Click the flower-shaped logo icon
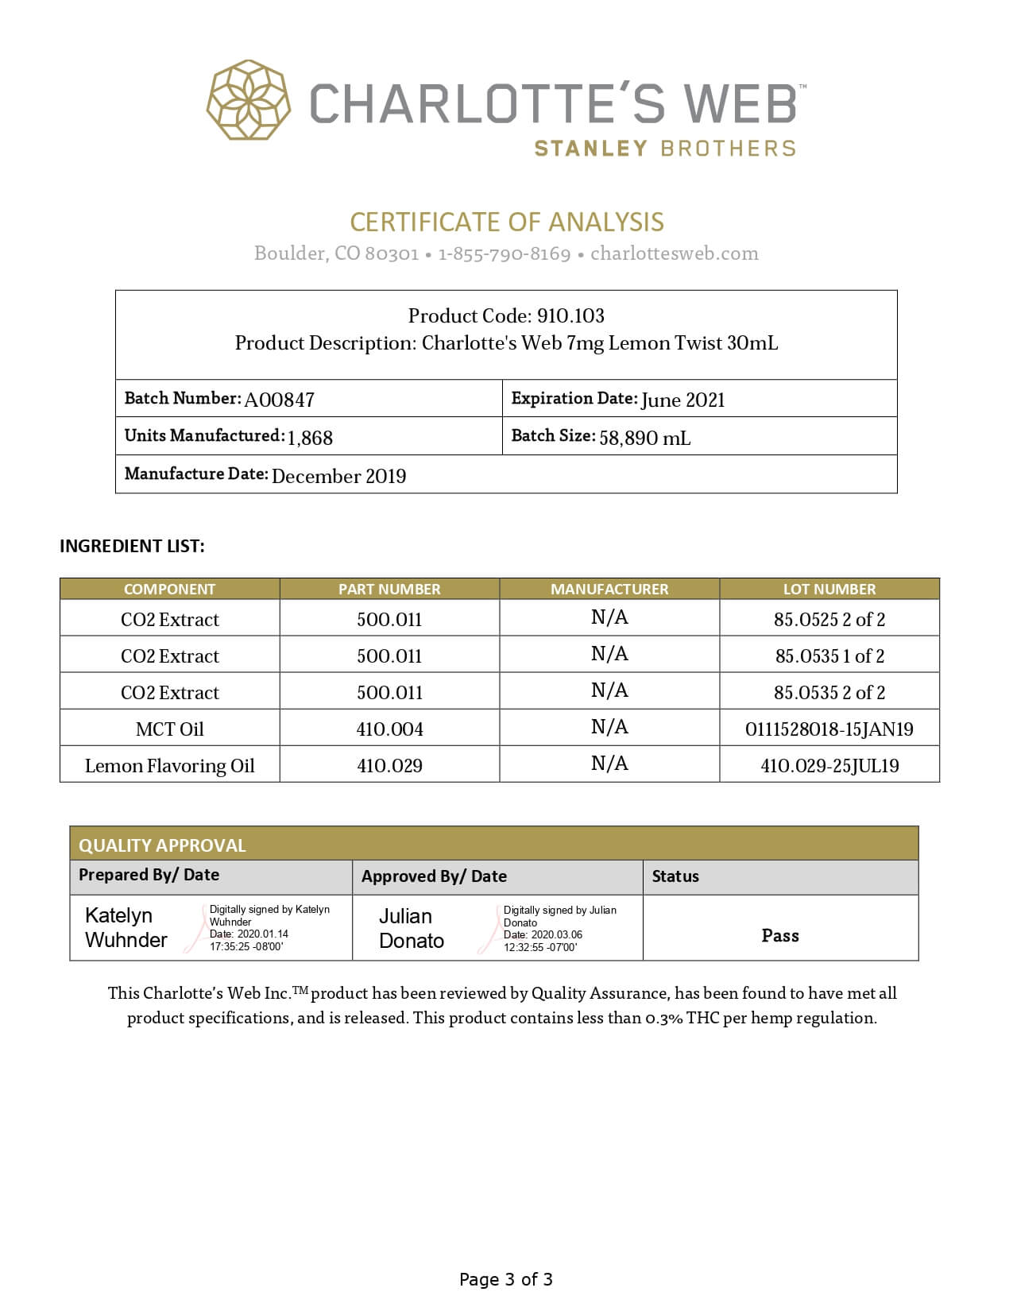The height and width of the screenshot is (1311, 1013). point(248,100)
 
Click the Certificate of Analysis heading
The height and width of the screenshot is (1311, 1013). point(507,222)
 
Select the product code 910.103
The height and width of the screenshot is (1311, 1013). point(570,316)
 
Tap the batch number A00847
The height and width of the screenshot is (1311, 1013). point(279,400)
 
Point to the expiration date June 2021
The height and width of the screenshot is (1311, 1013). point(682,400)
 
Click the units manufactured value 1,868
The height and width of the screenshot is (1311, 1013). point(310,437)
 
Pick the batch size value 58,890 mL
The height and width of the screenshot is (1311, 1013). point(644,437)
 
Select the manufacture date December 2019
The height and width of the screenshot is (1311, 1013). point(338,476)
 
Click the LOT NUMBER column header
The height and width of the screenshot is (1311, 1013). point(829,589)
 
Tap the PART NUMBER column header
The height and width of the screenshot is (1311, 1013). point(389,589)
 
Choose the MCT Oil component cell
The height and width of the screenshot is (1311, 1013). point(169,729)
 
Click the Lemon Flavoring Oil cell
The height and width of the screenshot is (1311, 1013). point(169,766)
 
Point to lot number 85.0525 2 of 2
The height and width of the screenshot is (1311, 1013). point(829,619)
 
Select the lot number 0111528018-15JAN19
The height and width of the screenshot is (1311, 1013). point(829,729)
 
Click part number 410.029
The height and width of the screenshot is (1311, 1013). point(389,766)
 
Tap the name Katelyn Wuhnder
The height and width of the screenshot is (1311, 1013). point(126,927)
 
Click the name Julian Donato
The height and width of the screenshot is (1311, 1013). point(411,928)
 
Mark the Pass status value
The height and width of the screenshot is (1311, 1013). point(780,935)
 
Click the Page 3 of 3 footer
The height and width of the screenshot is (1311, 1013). point(506,1279)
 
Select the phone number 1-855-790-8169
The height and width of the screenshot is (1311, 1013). point(505,253)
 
